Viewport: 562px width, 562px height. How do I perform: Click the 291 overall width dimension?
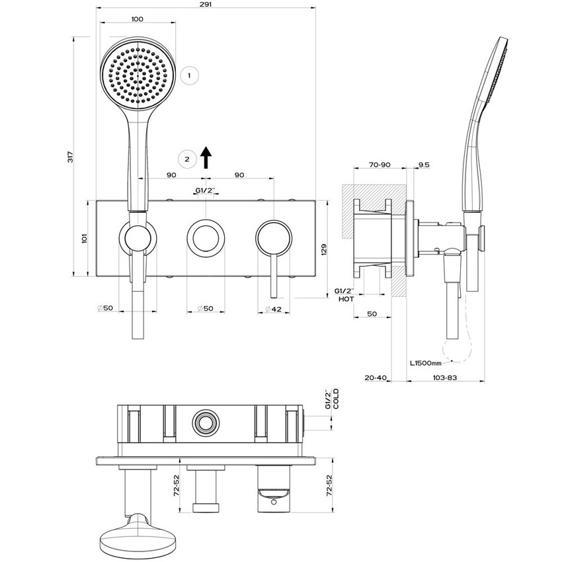pos(206,5)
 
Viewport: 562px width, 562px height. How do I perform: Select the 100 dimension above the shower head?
pos(137,19)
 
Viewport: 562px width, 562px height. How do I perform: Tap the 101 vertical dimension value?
pos(84,238)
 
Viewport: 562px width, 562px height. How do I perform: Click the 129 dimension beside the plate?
pos(324,249)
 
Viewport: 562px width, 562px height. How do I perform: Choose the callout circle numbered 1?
pos(189,75)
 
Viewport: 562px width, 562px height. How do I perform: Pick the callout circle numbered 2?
pos(188,159)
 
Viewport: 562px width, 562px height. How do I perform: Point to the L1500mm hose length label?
pos(428,362)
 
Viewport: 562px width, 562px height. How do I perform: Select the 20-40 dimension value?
pos(376,378)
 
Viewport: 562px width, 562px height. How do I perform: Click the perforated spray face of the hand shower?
pos(139,73)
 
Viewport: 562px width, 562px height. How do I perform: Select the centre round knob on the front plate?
pos(205,236)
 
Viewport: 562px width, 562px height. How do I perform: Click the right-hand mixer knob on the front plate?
pos(273,236)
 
